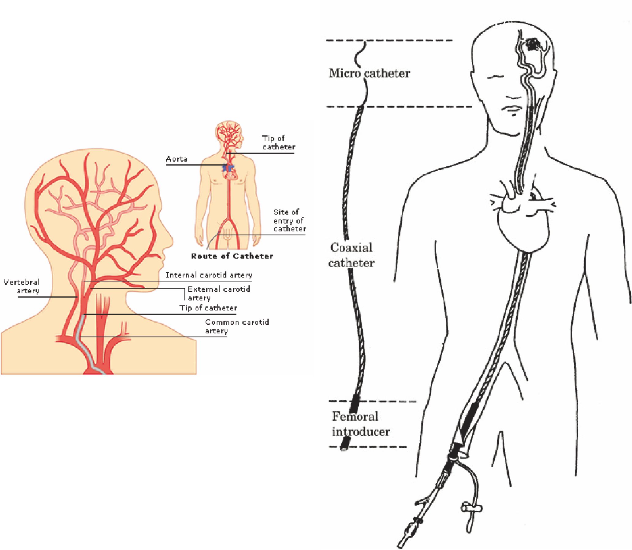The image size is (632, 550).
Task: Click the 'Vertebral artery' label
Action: coord(21,286)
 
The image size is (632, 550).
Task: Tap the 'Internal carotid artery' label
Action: coord(209,275)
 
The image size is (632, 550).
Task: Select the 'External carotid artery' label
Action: coord(219,293)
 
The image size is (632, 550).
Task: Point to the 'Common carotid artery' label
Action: coord(237,326)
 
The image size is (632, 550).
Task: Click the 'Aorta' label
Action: coord(177,159)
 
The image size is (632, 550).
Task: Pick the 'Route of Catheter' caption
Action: coord(232,256)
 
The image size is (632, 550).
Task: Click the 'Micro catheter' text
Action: coord(369,73)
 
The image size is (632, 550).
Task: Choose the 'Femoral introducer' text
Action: coord(361,424)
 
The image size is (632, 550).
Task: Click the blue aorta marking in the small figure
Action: coord(228,168)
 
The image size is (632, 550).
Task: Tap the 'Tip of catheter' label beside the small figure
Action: coord(278,142)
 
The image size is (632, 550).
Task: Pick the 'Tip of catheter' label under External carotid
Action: coord(208,308)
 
